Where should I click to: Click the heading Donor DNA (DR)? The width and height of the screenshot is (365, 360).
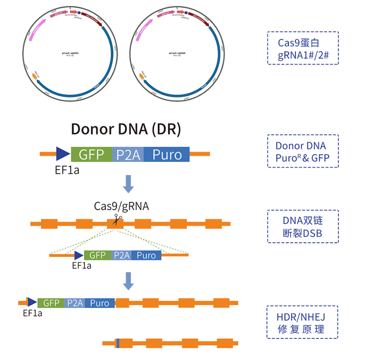pyautogui.click(x=126, y=129)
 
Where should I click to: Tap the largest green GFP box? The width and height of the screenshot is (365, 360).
pyautogui.click(x=91, y=154)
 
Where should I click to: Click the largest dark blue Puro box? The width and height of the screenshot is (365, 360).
pyautogui.click(x=167, y=154)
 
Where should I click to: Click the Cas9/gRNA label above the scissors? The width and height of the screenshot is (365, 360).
pyautogui.click(x=121, y=206)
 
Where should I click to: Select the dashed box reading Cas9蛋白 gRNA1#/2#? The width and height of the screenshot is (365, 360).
pyautogui.click(x=302, y=48)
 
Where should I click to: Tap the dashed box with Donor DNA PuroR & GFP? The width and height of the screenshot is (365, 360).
pyautogui.click(x=302, y=151)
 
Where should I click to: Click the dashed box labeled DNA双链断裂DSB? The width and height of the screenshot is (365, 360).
pyautogui.click(x=302, y=227)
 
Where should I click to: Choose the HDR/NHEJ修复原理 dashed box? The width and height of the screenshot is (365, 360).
pyautogui.click(x=302, y=322)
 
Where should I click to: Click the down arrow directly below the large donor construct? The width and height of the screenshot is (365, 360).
pyautogui.click(x=129, y=183)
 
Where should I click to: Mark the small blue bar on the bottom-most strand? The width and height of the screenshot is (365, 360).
pyautogui.click(x=118, y=343)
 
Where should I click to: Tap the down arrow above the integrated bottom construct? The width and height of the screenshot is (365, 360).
pyautogui.click(x=129, y=281)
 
